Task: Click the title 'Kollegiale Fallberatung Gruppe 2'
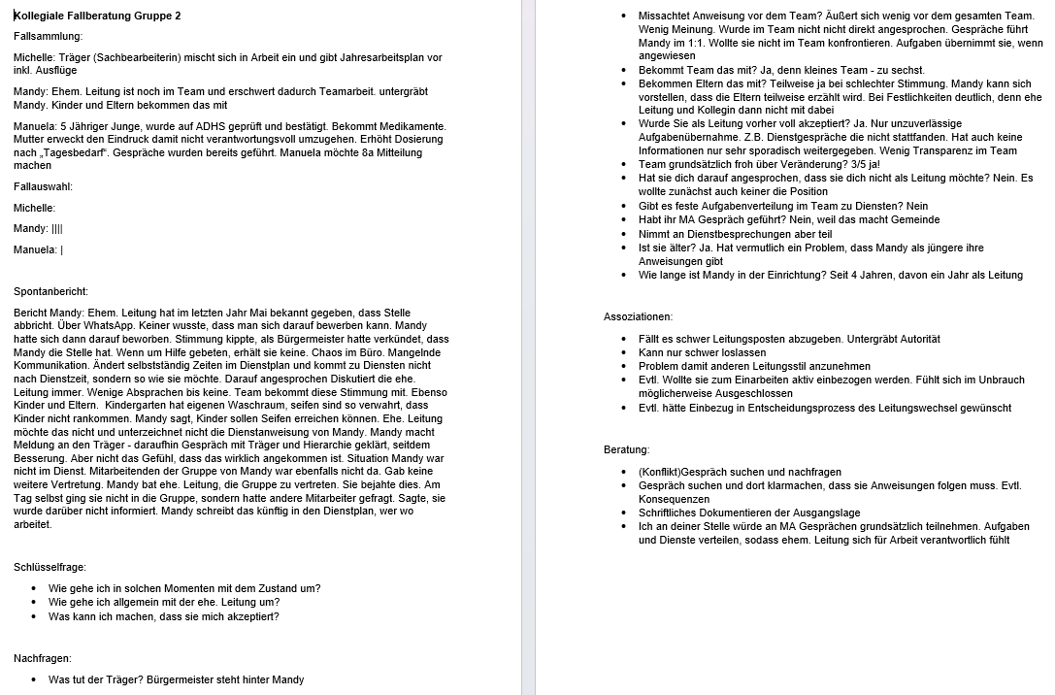(97, 16)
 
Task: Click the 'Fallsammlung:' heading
(48, 36)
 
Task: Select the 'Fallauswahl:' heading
(44, 186)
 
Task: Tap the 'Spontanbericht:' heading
(50, 291)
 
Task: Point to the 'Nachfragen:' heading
(44, 658)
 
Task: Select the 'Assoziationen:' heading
(638, 316)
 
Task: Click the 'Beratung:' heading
(627, 449)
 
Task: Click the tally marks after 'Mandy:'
(57, 229)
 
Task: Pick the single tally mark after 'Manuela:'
(62, 249)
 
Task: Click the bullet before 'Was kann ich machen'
(35, 616)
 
